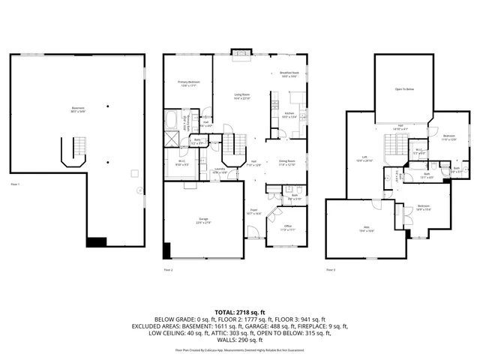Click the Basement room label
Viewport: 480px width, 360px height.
[x=78, y=109]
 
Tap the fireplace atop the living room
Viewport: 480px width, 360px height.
[x=241, y=52]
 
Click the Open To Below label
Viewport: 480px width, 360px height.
[x=405, y=89]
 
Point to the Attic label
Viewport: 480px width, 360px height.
[x=367, y=229]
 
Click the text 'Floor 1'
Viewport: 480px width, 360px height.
[x=15, y=184]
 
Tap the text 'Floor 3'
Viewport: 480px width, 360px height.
[x=331, y=268]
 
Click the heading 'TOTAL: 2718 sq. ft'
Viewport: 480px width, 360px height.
[x=240, y=311]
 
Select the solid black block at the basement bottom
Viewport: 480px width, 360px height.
[x=97, y=242]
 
